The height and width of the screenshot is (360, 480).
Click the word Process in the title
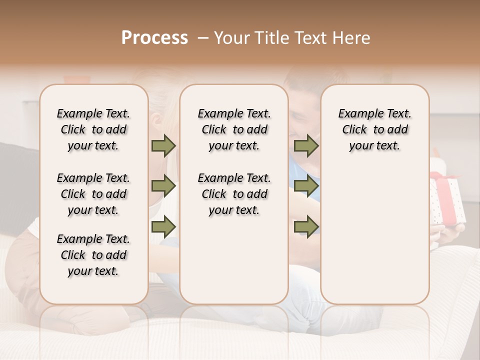click(154, 38)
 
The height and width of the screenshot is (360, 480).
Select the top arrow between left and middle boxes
click(163, 146)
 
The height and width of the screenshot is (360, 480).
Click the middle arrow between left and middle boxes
click(163, 186)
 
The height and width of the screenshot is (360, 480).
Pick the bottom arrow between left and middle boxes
click(163, 226)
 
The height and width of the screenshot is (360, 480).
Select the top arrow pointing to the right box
click(306, 146)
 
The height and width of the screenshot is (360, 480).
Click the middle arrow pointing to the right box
click(306, 186)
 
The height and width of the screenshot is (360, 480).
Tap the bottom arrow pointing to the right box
click(306, 226)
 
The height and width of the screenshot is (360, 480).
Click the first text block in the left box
click(93, 129)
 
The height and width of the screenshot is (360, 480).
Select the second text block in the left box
click(93, 194)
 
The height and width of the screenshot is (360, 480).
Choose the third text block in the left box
click(93, 255)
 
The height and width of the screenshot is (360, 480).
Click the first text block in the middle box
click(234, 129)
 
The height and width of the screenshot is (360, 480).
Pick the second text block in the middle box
click(234, 194)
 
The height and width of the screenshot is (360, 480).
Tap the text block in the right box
click(374, 129)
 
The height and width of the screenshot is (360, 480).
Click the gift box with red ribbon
click(448, 200)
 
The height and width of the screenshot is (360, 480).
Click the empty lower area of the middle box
click(234, 260)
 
